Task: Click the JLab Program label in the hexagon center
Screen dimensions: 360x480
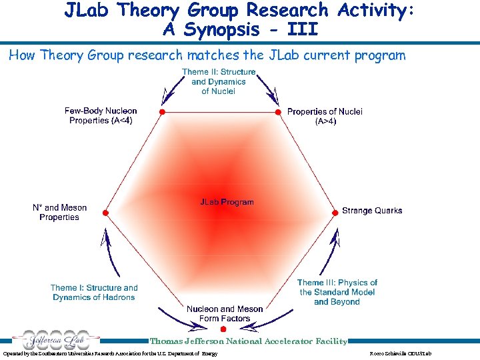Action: [227, 201]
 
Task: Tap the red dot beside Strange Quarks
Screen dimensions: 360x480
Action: [335, 212]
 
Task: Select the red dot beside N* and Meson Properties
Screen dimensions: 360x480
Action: [104, 212]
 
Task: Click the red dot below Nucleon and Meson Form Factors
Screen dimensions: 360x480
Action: [223, 329]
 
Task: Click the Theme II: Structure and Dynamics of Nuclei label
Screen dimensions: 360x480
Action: [219, 81]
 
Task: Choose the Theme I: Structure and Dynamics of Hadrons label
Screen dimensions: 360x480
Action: [94, 293]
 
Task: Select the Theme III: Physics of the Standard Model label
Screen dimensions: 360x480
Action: [337, 292]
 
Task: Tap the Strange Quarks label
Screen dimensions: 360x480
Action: [372, 211]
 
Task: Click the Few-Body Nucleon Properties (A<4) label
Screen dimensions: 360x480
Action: [101, 116]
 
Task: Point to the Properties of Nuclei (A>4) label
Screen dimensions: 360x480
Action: [325, 116]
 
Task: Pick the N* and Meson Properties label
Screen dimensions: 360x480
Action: [59, 212]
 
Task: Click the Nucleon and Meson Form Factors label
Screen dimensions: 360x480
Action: [225, 313]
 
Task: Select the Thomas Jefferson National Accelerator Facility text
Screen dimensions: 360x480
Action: [249, 341]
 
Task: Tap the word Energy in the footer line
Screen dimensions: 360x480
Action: [209, 353]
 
